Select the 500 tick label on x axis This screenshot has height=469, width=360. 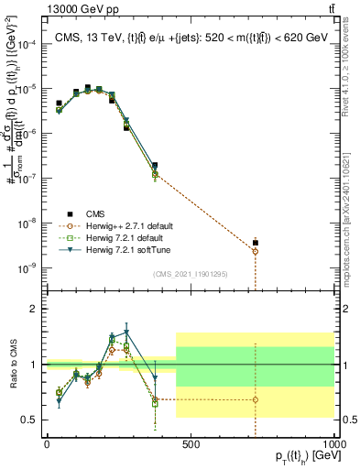click(x=191, y=444)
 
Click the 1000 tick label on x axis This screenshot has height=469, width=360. click(x=335, y=444)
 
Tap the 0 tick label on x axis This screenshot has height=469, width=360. click(x=47, y=444)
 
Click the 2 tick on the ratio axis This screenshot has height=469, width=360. click(x=37, y=309)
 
